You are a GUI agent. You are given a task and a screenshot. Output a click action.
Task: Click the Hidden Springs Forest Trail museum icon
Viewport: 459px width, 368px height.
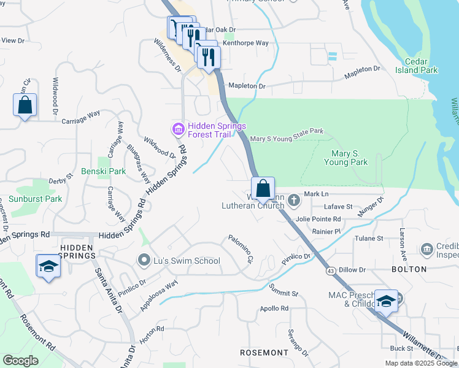pyautogui.click(x=178, y=129)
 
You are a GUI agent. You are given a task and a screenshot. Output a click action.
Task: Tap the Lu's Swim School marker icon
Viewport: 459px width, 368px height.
pyautogui.click(x=144, y=261)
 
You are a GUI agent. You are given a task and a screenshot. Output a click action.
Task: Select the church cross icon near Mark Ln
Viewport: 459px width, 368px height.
pyautogui.click(x=294, y=200)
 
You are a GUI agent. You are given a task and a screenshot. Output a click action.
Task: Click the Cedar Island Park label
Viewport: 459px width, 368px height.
pyautogui.click(x=421, y=66)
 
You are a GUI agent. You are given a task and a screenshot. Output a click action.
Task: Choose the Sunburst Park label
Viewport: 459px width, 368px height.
pyautogui.click(x=35, y=199)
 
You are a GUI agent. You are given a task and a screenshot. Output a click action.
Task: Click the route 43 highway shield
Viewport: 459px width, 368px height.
pyautogui.click(x=331, y=270)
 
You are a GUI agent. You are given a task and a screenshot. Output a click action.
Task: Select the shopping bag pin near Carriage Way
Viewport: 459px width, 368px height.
pyautogui.click(x=25, y=105)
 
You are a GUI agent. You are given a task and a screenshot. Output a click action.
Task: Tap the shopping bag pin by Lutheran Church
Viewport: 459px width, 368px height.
pyautogui.click(x=263, y=189)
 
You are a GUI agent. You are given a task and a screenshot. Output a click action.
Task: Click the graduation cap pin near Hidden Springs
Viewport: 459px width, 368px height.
pyautogui.click(x=48, y=267)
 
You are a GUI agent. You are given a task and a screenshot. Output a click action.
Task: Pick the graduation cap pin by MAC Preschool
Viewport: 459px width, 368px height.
pyautogui.click(x=385, y=301)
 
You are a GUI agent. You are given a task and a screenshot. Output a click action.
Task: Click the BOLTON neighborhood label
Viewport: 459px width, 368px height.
pyautogui.click(x=409, y=269)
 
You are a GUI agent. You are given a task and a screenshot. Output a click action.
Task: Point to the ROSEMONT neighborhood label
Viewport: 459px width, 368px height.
pyautogui.click(x=264, y=353)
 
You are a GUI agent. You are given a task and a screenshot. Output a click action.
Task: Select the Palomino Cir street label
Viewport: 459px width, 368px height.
pyautogui.click(x=241, y=249)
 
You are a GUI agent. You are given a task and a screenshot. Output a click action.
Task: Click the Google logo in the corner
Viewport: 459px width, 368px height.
pyautogui.click(x=21, y=361)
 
